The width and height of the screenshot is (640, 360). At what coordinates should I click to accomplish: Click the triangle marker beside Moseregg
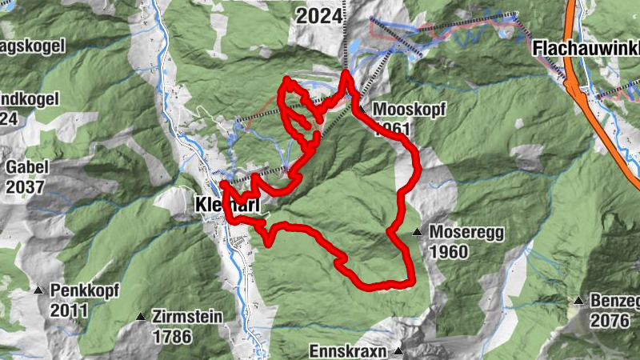pos(417,232)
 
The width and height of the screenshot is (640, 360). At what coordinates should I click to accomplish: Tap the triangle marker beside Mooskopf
pos(362,110)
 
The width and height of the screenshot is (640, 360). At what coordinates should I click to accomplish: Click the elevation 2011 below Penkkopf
pos(69,309)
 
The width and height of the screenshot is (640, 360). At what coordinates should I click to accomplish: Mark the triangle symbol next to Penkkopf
pos(38,290)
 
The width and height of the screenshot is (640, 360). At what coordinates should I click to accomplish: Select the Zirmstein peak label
pos(189,317)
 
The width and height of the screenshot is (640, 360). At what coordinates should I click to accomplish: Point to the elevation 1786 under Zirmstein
pos(174,336)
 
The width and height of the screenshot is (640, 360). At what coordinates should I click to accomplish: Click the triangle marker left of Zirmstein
pos(142,317)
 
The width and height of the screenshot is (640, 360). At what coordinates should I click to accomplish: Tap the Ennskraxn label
pos(348,351)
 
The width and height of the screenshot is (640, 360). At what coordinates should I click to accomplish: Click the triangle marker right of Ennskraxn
pos(397,351)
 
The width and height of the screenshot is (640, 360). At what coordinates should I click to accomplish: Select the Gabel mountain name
pos(27,167)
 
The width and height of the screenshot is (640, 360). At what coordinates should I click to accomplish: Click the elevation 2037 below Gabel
pos(27,186)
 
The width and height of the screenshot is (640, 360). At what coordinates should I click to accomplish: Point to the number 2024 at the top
pos(320,15)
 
